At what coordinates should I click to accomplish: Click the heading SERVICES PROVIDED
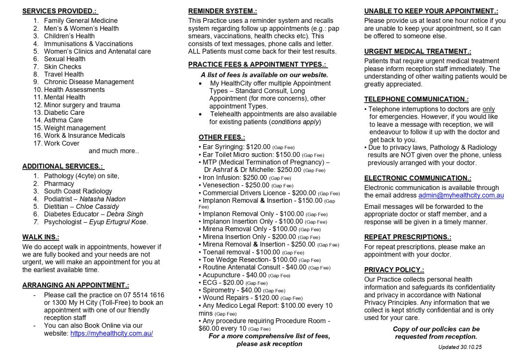[60, 11]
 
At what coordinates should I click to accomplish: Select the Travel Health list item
[64, 74]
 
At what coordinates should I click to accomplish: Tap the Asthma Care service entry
[63, 120]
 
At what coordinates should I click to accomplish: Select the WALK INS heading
[41, 237]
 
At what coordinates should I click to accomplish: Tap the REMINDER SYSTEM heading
[223, 11]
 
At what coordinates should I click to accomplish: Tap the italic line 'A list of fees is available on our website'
[264, 75]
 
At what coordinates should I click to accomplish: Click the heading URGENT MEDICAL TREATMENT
[418, 51]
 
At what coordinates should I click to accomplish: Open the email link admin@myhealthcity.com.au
[461, 195]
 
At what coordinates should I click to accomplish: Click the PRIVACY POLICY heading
[394, 270]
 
